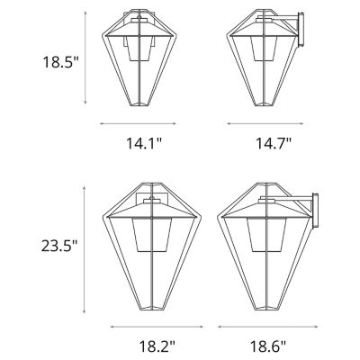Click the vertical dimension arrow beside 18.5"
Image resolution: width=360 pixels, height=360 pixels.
(x=85, y=58)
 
